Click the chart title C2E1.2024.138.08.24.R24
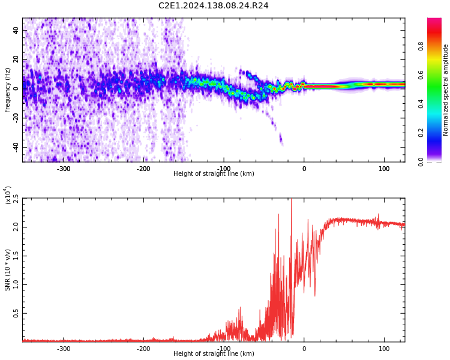(213, 6)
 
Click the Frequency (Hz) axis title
(8, 90)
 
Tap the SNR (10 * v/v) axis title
(8, 270)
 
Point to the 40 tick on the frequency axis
(16, 30)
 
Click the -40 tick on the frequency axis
(14, 147)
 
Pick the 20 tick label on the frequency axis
(16, 59)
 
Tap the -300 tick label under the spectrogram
(64, 169)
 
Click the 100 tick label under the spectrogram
(384, 169)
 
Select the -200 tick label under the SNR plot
(143, 349)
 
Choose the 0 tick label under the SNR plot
(304, 349)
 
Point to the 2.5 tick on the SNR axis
(16, 198)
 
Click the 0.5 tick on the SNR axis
(16, 313)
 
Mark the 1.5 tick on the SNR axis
(16, 256)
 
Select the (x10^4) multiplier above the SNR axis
(8, 196)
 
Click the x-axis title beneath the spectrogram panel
(214, 174)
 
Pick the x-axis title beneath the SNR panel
(214, 354)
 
